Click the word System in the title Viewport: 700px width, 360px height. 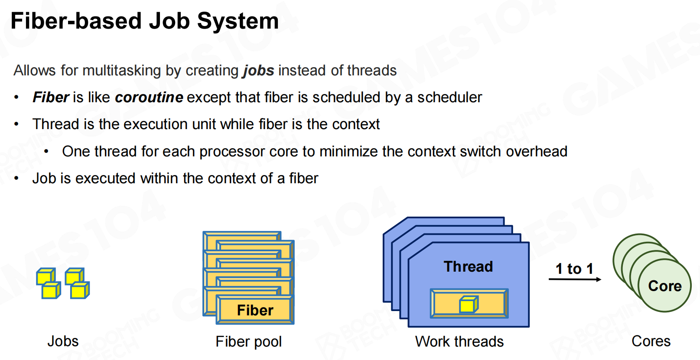[238, 22]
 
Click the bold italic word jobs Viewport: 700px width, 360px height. [259, 71]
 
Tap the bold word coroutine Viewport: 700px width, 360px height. [149, 97]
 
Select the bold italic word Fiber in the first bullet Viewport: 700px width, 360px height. [51, 97]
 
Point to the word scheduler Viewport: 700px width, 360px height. [449, 97]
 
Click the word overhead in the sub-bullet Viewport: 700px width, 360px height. [537, 152]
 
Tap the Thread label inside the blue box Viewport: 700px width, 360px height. [468, 267]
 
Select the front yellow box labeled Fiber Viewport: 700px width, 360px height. [255, 310]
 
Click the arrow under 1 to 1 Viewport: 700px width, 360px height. [575, 279]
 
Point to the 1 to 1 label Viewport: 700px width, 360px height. [574, 269]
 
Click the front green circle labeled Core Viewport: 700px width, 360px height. [665, 285]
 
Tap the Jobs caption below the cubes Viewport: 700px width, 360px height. [63, 341]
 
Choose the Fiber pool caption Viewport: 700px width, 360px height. [248, 341]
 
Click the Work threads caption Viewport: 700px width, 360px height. [459, 341]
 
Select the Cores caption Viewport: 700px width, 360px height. [651, 341]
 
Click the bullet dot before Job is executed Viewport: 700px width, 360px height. [16, 178]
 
